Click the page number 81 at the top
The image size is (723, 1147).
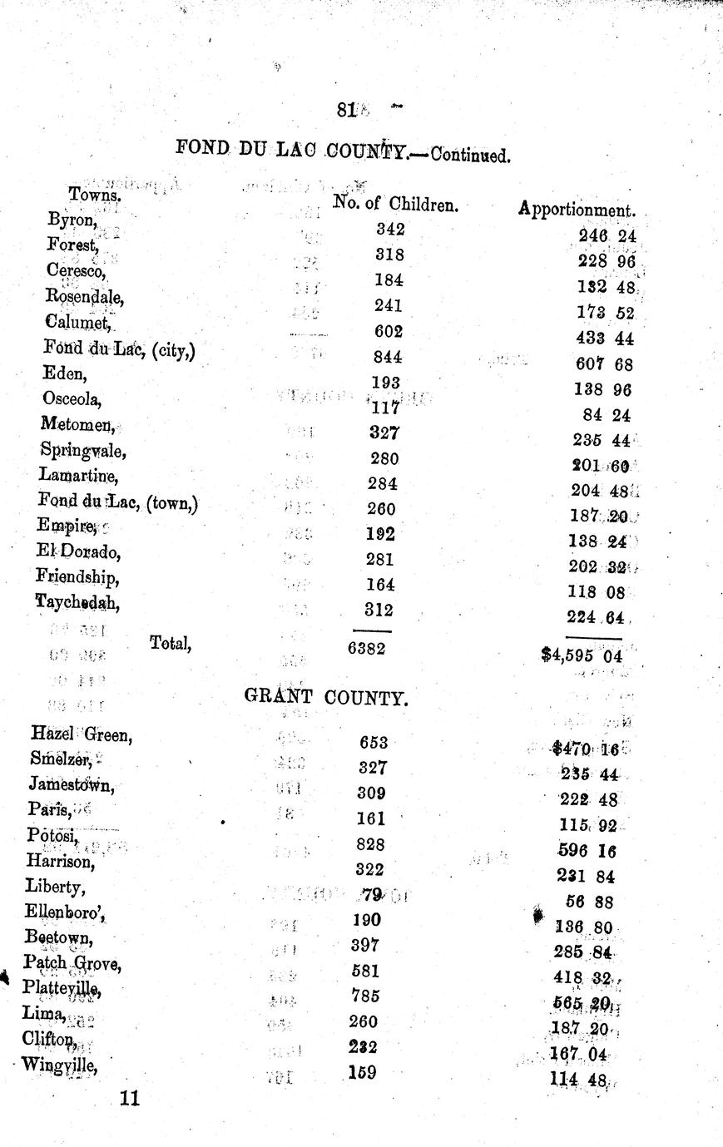pos(346,109)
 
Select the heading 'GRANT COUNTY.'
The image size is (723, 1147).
pos(326,697)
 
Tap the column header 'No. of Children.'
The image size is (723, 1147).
pos(395,203)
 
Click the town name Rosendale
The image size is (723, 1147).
pos(85,296)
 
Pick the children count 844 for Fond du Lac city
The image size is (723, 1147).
pos(388,357)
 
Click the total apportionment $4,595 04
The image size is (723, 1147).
pos(582,655)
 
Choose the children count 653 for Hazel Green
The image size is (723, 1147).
pos(374,743)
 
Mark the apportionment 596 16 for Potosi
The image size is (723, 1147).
pos(586,852)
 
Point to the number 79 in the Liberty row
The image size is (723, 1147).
pos(372,895)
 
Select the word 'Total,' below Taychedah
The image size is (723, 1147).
pos(171,641)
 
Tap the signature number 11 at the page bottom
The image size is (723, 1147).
pos(129,1098)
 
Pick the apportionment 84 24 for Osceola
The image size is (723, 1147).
pos(607,415)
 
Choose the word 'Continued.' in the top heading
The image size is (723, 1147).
pos(470,156)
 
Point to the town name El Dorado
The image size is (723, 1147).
pos(78,551)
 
